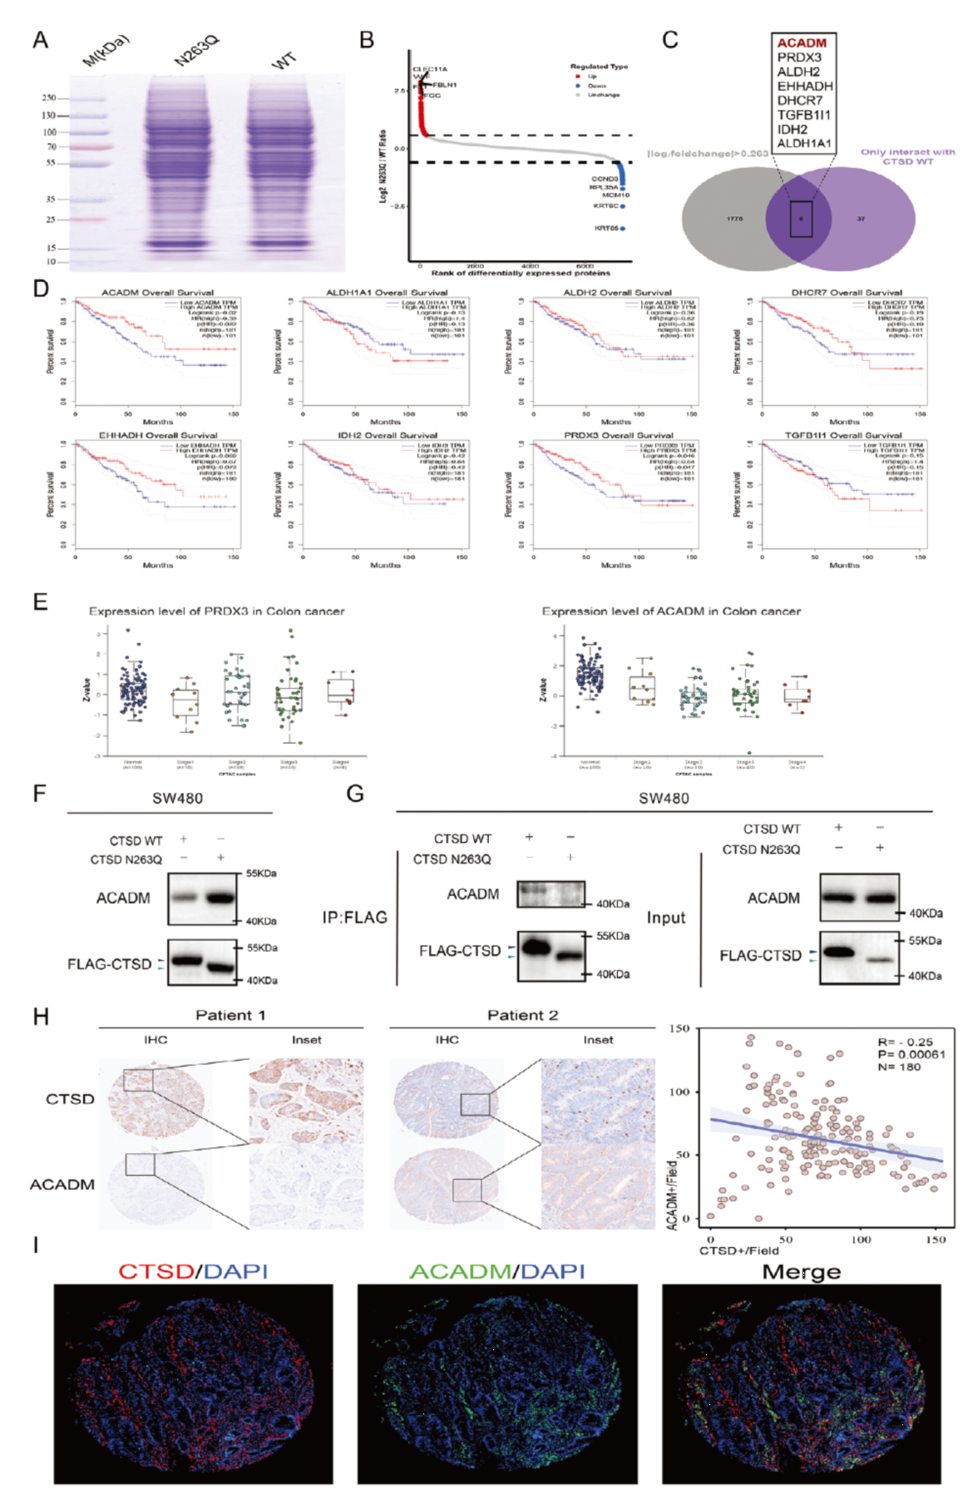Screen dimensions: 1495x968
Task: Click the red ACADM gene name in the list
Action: [x=802, y=43]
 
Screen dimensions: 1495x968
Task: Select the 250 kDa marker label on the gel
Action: [x=49, y=98]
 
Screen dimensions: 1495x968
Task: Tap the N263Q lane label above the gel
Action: [x=196, y=52]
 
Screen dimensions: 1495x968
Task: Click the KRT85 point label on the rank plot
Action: [x=605, y=228]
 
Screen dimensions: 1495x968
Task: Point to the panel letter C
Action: [x=669, y=40]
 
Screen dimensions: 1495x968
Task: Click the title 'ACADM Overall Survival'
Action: [x=157, y=293]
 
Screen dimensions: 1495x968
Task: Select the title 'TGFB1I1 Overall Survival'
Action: [x=842, y=435]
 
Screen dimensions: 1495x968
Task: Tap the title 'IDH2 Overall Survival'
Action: [x=388, y=435]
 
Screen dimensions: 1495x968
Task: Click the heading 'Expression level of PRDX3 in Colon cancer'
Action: [x=216, y=611]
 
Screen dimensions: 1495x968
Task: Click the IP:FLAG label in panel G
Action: [x=354, y=918]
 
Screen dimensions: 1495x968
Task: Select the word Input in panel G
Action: [x=666, y=918]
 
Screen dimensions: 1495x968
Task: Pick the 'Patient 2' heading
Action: [x=522, y=1015]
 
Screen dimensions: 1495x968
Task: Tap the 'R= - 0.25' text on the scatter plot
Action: [x=905, y=1042]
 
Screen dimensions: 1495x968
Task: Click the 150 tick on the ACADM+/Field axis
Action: [x=679, y=1028]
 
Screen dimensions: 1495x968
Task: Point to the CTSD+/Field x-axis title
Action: [x=738, y=1250]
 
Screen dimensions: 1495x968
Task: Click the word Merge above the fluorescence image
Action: [x=801, y=1272]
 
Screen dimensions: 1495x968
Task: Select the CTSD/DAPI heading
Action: [x=193, y=1271]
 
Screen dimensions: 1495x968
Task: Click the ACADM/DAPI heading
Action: [x=496, y=1271]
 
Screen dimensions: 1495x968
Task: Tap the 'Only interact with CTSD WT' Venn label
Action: [x=907, y=156]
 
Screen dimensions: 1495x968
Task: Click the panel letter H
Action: [x=41, y=1017]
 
